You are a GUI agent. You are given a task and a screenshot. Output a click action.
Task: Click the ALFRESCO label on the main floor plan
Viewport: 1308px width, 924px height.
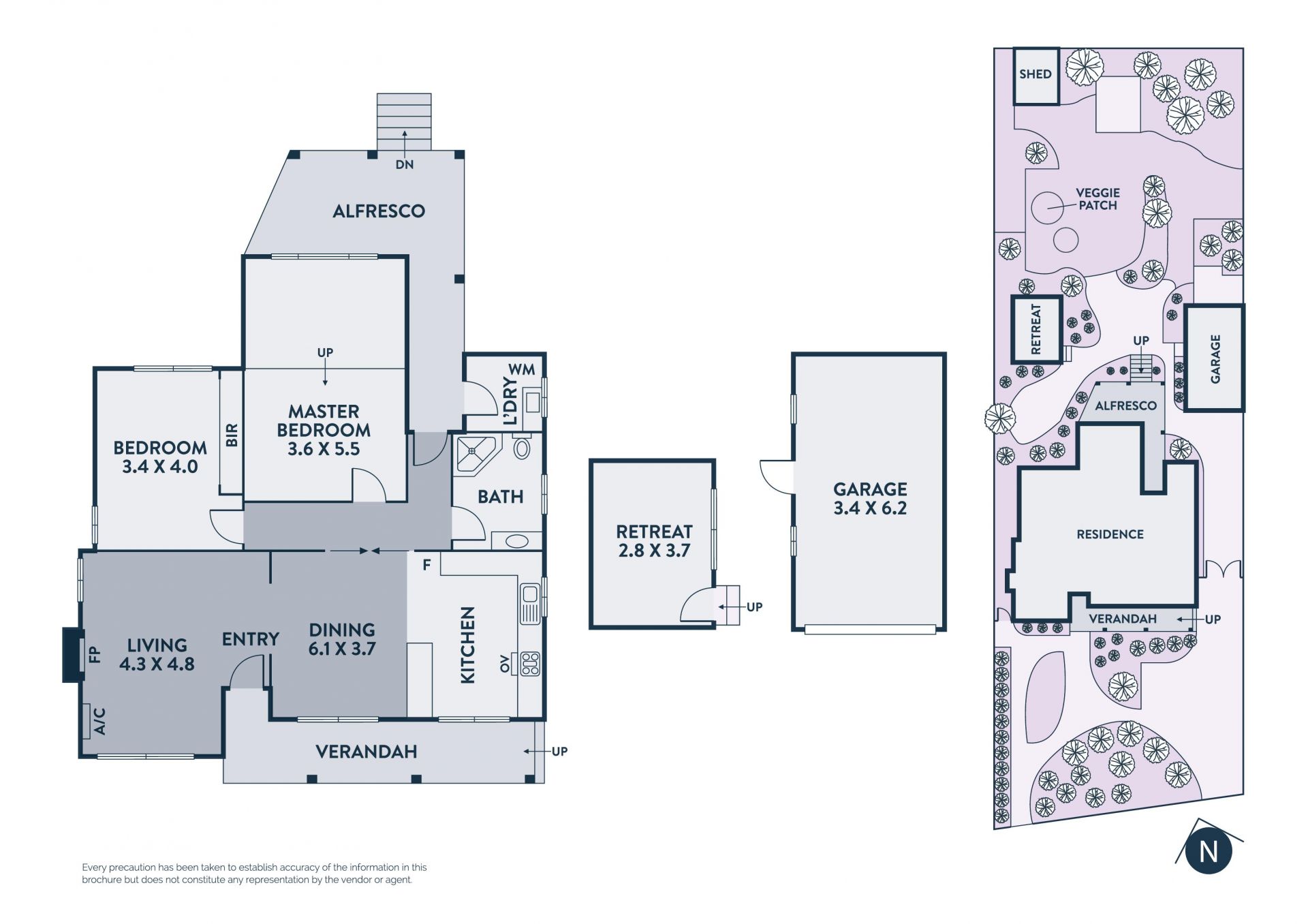(x=379, y=211)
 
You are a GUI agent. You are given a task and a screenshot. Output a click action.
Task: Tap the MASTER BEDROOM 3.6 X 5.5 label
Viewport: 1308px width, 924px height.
(x=324, y=430)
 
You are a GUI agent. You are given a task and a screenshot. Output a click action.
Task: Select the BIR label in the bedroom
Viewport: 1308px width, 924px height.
(x=232, y=435)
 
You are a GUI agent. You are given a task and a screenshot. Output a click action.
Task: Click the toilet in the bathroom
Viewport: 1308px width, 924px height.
(x=522, y=448)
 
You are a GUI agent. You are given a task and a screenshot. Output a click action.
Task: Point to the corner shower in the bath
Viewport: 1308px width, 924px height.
(x=475, y=453)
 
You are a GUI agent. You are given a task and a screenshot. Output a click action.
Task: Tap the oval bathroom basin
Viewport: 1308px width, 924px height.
(x=517, y=541)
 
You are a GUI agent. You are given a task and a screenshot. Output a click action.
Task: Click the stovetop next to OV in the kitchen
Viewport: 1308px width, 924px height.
(x=530, y=664)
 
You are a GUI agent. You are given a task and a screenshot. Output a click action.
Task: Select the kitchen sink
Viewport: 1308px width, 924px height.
(x=530, y=604)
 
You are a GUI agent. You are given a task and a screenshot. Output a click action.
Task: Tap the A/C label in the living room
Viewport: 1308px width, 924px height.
(x=99, y=721)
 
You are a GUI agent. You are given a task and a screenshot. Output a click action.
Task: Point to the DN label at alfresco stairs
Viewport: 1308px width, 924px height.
(x=405, y=164)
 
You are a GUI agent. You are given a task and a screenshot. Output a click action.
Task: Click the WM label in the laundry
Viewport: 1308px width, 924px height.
(x=522, y=369)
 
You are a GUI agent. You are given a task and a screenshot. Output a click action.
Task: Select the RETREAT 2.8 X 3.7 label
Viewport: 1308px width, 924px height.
(x=654, y=541)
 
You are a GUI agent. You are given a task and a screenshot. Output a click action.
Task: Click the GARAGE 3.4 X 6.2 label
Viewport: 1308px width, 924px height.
(x=870, y=498)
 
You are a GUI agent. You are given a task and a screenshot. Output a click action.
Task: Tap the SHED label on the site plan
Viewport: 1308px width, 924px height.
(x=1035, y=74)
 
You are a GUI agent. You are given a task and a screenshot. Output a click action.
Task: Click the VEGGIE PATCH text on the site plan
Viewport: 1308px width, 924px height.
(x=1097, y=199)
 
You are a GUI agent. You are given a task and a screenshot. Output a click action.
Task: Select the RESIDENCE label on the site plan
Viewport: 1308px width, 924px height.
(x=1110, y=534)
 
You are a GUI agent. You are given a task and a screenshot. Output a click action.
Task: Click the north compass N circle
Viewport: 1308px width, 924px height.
(x=1209, y=851)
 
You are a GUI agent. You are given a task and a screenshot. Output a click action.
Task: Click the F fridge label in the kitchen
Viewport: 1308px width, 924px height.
(x=426, y=565)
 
